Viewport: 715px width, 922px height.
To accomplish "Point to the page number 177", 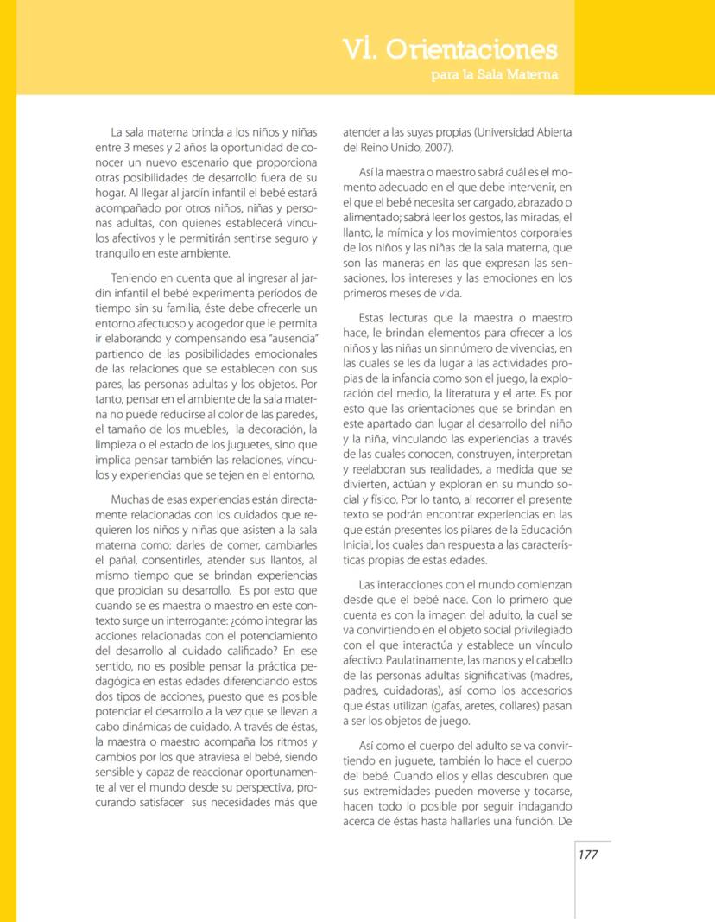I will click(588, 855).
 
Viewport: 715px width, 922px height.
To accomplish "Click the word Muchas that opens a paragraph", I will click(130, 500).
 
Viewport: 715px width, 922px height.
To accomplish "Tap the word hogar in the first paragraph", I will click(111, 192).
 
